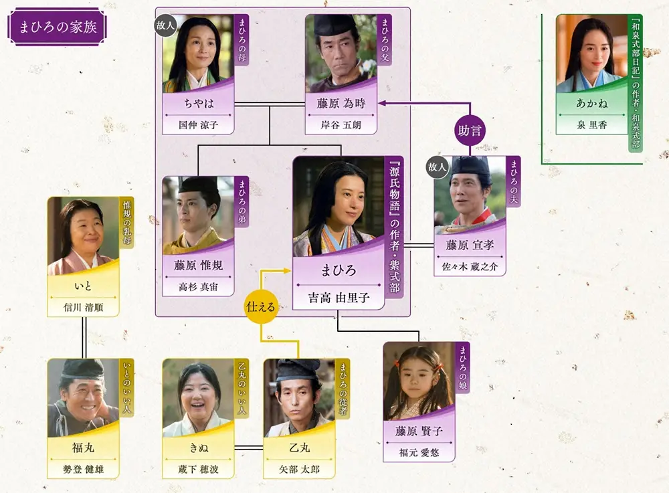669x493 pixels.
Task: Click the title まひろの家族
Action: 58,27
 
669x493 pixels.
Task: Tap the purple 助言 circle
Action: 470,130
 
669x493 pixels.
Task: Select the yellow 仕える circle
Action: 261,306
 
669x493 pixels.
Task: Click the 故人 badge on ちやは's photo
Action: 165,25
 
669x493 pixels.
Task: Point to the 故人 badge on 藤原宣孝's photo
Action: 437,167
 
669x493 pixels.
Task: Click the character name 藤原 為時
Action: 341,103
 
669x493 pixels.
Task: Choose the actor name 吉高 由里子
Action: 339,298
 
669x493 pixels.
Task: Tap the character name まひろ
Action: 339,270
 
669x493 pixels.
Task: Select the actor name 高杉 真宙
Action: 199,287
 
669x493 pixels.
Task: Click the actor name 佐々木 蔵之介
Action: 470,266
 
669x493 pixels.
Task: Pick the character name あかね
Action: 591,103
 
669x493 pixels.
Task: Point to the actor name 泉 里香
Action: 591,125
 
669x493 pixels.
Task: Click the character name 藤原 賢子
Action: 419,431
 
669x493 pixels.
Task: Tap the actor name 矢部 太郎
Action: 299,470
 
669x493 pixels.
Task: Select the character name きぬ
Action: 199,448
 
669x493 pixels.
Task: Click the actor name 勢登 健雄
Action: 83,470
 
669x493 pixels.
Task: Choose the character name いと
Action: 83,286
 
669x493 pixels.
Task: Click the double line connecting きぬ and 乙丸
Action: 249,448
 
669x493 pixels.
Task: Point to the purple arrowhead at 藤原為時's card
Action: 381,103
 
